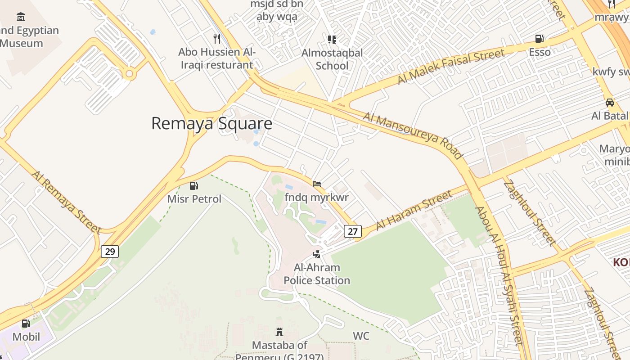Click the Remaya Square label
(x=211, y=123)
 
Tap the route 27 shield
(x=353, y=231)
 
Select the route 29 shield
(x=110, y=251)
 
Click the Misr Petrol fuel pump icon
(x=194, y=185)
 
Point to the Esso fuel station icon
(x=539, y=39)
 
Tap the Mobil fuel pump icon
(x=26, y=323)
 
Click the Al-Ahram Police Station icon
(x=317, y=254)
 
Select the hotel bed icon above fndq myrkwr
(x=317, y=184)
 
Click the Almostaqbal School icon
(x=332, y=40)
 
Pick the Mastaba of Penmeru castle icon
(x=279, y=332)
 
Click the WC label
(x=361, y=336)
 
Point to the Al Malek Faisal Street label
(x=450, y=66)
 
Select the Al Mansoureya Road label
(x=413, y=135)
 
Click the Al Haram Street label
(x=414, y=210)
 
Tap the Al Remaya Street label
(x=67, y=202)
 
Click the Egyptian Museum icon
(x=21, y=17)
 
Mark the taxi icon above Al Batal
(x=610, y=102)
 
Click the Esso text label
(x=540, y=52)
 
